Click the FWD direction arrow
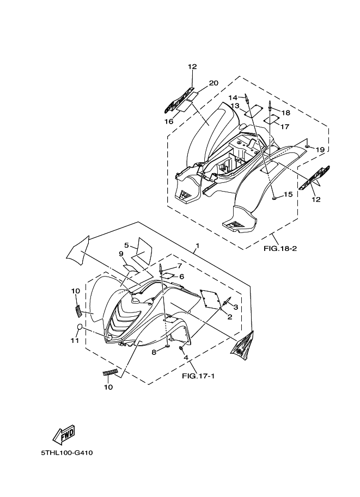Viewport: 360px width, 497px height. coord(63,434)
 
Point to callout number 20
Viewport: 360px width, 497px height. coord(213,83)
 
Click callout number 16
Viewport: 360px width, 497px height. coord(169,121)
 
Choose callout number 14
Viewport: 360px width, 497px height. coord(233,97)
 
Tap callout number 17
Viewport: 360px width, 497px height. coord(284,126)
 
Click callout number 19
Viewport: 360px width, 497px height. coord(320,149)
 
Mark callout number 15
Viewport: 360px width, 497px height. coord(288,194)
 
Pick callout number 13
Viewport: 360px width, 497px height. coord(235,106)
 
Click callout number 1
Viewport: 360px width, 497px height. coord(197,246)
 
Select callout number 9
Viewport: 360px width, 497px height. coord(121,254)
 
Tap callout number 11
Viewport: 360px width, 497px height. coord(75,341)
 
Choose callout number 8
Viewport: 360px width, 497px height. coord(154,352)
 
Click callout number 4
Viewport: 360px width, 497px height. coord(186,358)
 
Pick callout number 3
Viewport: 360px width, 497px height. coord(236,307)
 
